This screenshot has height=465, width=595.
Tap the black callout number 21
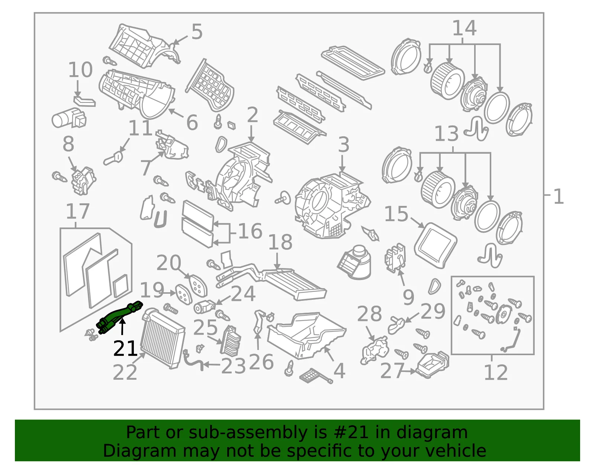[125, 348]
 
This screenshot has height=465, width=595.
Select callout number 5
[197, 32]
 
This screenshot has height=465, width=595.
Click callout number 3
[344, 144]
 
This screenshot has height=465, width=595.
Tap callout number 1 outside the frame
[559, 197]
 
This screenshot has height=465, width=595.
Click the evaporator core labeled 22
[163, 338]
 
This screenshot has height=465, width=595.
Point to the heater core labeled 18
[271, 282]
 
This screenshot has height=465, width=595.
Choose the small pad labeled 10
[85, 101]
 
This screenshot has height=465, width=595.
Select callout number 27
[392, 371]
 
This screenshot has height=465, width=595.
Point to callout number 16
[250, 231]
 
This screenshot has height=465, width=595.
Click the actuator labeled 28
[375, 350]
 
